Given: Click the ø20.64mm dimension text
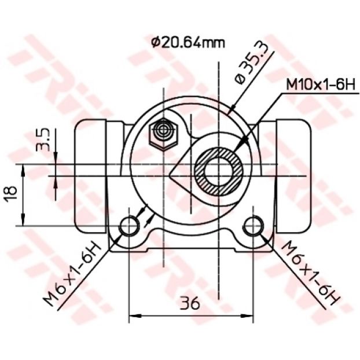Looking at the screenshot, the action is point(188,42).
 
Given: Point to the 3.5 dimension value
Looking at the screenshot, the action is point(43,139).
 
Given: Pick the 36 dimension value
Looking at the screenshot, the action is point(190,303).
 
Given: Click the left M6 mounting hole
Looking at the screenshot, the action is point(130,226).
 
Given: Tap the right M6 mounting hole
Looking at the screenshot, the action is point(254,226).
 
